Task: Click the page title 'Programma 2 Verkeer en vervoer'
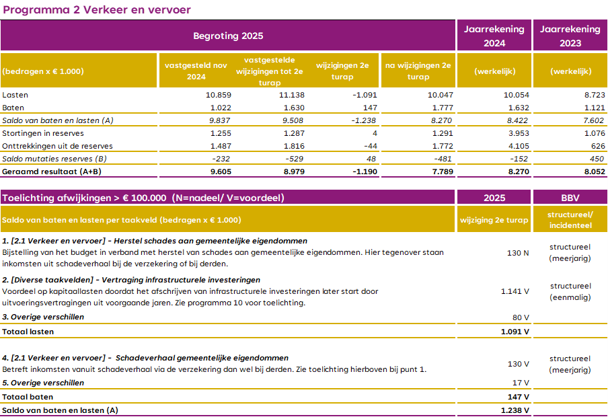pyautogui.click(x=97, y=9)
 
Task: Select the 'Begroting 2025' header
pyautogui.click(x=228, y=36)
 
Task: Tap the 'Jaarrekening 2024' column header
pyautogui.click(x=494, y=36)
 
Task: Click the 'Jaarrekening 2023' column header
pyautogui.click(x=570, y=36)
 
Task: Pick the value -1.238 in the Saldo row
pyautogui.click(x=362, y=120)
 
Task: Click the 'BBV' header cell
pyautogui.click(x=570, y=198)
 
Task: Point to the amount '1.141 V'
pyautogui.click(x=515, y=291)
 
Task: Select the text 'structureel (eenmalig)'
pyautogui.click(x=570, y=291)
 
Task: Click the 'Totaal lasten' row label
pyautogui.click(x=28, y=331)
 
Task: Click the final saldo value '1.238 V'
pyautogui.click(x=515, y=410)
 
